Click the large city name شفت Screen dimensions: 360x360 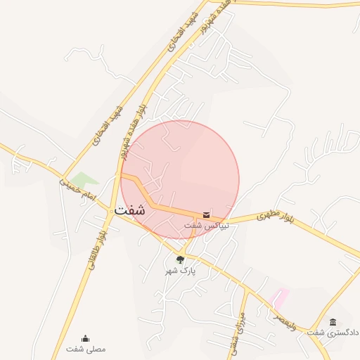coord(129,210)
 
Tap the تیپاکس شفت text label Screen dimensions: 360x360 coord(203,225)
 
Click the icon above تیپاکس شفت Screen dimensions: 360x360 coord(206,214)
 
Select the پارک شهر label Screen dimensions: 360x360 coord(181,270)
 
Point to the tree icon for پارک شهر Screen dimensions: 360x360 coord(181,259)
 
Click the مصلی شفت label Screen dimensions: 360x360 coord(86,349)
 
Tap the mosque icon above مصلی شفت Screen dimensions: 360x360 coord(86,338)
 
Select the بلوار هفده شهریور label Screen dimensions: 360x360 coord(134,127)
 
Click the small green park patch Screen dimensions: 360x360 coord(84,181)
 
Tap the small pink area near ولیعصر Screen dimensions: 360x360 coord(280,297)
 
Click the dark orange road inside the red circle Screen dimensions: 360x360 coord(169,210)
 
